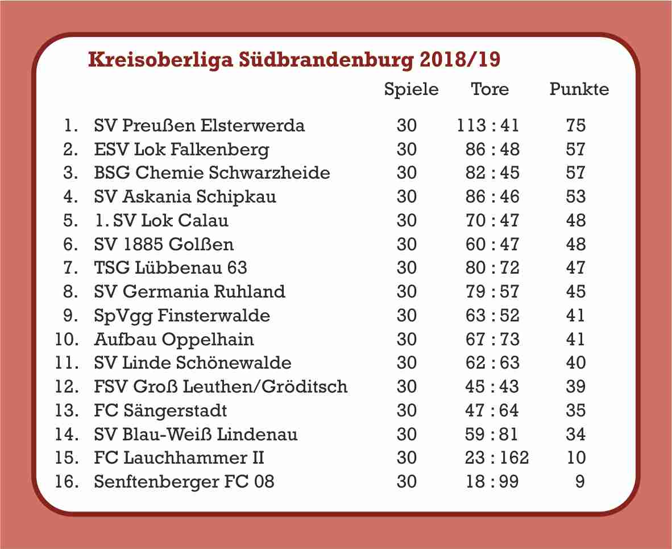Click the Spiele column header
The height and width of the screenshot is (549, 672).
pos(411,90)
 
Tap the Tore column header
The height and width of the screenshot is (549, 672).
pos(490,90)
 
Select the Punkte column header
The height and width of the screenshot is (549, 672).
pos(579,90)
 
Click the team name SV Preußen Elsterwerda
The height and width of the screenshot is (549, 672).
pos(199,125)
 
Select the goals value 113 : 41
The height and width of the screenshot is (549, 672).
pos(488,125)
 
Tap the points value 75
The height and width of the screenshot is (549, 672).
pos(576,125)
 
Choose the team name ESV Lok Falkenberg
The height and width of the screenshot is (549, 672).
pos(181,149)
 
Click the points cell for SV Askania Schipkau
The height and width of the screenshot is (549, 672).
pos(576,196)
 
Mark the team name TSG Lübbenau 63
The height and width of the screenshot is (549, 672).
pos(171,267)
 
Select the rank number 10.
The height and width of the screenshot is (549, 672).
pos(67,339)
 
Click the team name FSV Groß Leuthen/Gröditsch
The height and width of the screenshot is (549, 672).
pos(221,387)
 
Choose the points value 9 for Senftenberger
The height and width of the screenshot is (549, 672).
pos(580,482)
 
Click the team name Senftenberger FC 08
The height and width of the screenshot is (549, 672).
pos(184,482)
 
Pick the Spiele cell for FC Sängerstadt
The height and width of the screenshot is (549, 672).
pos(406,411)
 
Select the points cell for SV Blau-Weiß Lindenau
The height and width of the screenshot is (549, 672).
pos(576,435)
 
